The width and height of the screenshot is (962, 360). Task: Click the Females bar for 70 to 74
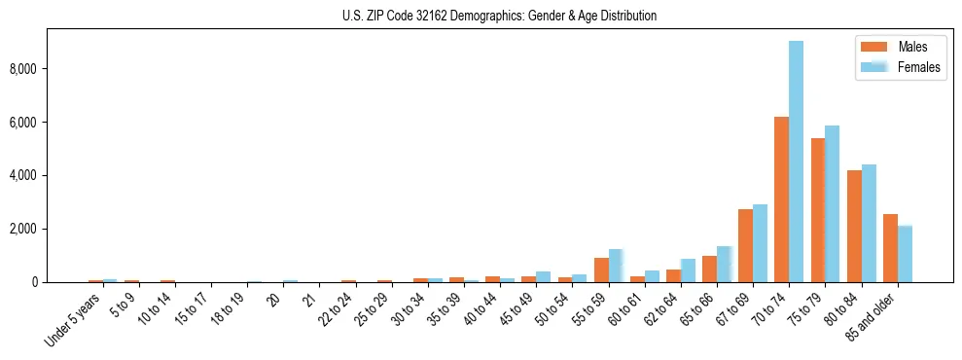click(796, 162)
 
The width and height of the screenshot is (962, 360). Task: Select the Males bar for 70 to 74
click(781, 199)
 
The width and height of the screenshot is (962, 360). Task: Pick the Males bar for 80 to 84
click(853, 226)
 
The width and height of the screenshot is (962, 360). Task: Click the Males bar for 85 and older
click(890, 248)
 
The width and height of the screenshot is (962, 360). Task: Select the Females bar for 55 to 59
click(616, 266)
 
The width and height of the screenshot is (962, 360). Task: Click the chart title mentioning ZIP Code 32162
click(499, 16)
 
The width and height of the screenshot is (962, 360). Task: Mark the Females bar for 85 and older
click(905, 254)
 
